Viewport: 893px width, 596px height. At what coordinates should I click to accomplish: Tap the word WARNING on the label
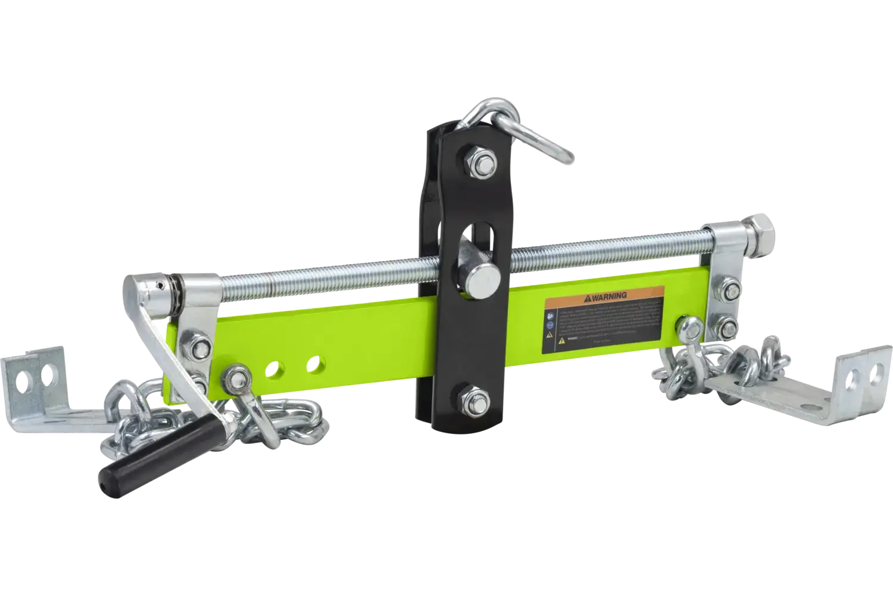pyautogui.click(x=608, y=296)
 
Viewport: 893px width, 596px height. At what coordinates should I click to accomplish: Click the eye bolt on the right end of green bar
pyautogui.click(x=691, y=326)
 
